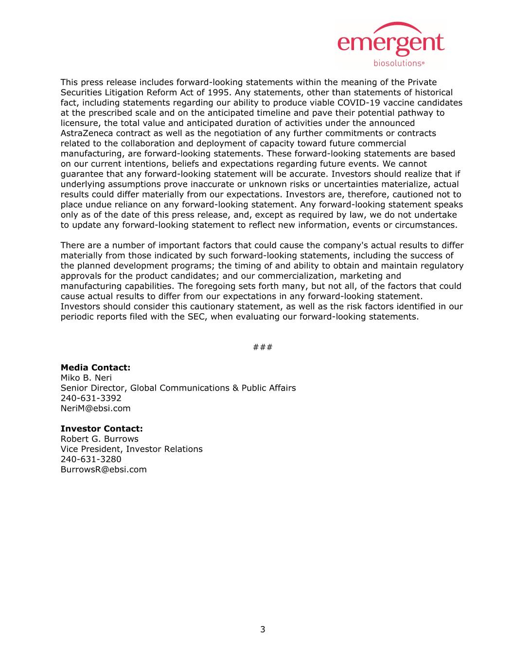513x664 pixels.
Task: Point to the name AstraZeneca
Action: [x=85, y=133]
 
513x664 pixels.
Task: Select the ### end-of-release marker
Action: [x=263, y=347]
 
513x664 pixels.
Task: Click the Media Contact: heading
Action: [x=95, y=368]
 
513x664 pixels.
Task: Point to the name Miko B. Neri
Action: [x=86, y=378]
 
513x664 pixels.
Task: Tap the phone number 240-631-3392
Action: [x=91, y=398]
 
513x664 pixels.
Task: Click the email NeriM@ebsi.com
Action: [x=95, y=408]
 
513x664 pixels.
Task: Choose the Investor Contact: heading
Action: [x=101, y=429]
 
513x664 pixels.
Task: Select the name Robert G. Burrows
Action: [x=99, y=439]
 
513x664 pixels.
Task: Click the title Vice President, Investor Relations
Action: [x=131, y=449]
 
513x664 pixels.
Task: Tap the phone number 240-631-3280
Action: [x=91, y=459]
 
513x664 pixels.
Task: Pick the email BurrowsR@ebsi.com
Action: [x=104, y=469]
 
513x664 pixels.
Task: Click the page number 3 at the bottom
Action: [x=263, y=630]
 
